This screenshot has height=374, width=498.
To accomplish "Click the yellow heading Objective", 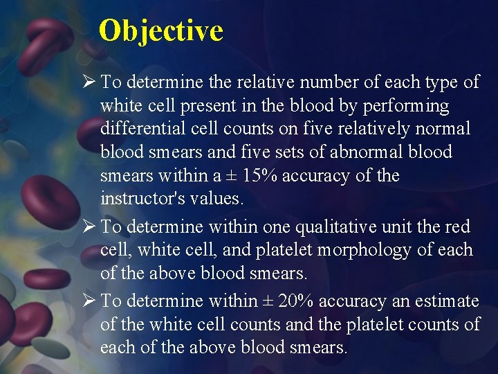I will click(x=160, y=31).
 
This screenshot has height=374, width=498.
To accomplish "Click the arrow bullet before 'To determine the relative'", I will click(x=88, y=82).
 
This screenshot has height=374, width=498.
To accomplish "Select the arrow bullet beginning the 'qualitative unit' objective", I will click(x=88, y=226).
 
